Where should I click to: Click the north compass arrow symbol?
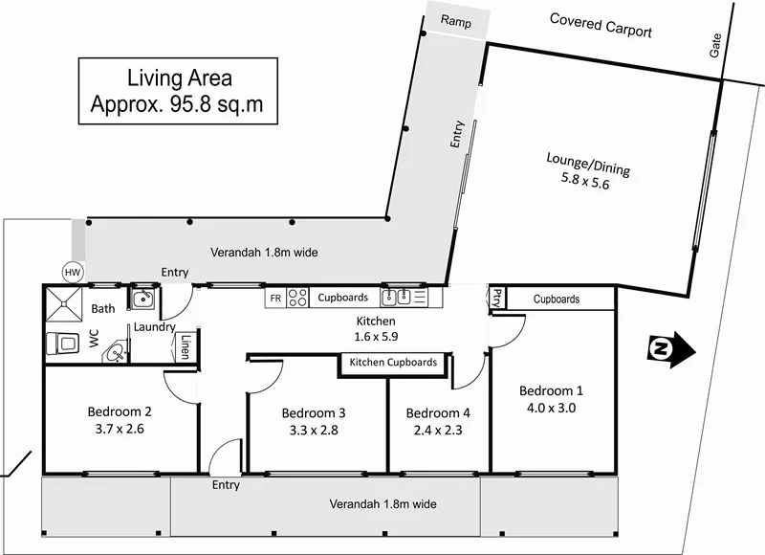click(x=670, y=349)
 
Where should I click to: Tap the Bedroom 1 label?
click(x=551, y=390)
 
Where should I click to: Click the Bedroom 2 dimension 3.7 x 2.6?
click(x=120, y=430)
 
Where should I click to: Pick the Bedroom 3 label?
click(x=314, y=413)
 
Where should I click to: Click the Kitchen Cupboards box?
click(x=393, y=363)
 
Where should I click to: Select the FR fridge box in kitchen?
click(x=275, y=299)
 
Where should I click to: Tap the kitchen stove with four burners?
click(x=297, y=299)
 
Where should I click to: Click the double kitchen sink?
click(x=398, y=298)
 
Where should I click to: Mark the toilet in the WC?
click(x=65, y=341)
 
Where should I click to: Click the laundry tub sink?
click(x=143, y=299)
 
